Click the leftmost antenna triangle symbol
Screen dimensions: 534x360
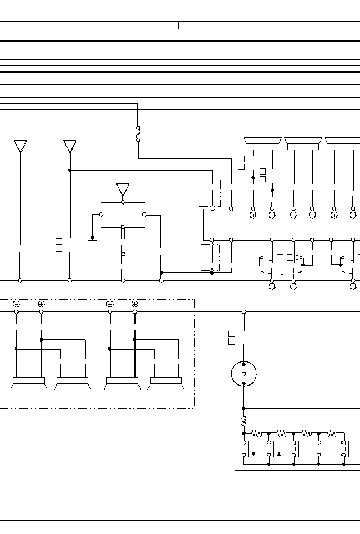click(x=20, y=146)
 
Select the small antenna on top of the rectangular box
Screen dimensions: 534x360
click(x=123, y=189)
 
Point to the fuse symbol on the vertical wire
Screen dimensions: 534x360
click(x=138, y=134)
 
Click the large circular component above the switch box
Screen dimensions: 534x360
click(x=244, y=373)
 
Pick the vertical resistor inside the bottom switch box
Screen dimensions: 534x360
click(x=244, y=420)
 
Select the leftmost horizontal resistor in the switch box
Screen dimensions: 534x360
click(x=256, y=433)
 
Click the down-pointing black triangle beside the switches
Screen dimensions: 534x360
click(x=254, y=455)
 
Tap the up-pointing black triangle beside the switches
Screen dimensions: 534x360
click(x=278, y=455)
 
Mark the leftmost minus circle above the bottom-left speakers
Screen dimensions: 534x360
click(x=16, y=304)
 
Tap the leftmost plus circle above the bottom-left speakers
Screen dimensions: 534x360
click(x=41, y=304)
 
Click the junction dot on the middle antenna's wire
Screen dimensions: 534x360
click(x=70, y=170)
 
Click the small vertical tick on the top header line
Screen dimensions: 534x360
click(x=179, y=25)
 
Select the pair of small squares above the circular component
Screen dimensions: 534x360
click(x=232, y=337)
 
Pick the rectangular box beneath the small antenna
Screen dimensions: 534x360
click(x=123, y=215)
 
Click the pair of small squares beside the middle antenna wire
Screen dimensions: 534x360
click(x=59, y=245)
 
